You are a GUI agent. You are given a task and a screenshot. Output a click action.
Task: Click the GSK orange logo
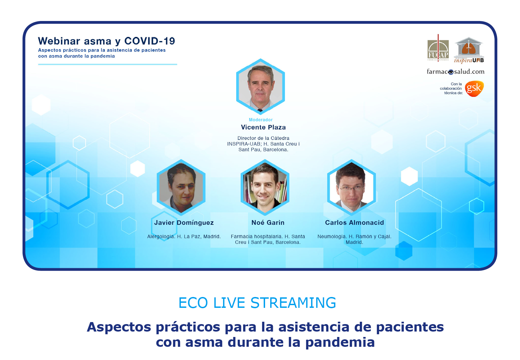[474, 88]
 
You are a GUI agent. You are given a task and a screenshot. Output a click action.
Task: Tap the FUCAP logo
[438, 48]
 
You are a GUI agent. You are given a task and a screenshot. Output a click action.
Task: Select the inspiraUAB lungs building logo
[469, 50]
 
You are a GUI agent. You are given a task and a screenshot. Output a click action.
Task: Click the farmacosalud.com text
[455, 71]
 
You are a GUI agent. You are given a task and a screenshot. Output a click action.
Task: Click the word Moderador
[260, 120]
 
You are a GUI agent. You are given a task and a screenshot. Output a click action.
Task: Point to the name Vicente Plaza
[263, 127]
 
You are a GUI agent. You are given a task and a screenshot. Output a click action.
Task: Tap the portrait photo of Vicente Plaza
[260, 86]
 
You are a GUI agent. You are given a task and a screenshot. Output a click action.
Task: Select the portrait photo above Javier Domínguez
[181, 187]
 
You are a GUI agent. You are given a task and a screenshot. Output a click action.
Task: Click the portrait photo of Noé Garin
[265, 187]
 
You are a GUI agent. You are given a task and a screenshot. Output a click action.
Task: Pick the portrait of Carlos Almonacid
[351, 187]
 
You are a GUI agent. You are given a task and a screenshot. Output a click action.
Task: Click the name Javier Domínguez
[184, 223]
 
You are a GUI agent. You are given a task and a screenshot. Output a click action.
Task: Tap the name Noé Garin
[268, 223]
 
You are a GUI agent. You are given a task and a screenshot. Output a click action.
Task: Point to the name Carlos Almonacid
[354, 223]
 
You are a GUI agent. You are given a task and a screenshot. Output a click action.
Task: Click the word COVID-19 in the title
[150, 41]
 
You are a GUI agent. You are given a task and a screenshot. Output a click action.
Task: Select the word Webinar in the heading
[59, 41]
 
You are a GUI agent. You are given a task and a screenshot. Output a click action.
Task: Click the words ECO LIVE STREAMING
[257, 303]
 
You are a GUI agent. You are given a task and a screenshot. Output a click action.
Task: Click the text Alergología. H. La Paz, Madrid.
[184, 237]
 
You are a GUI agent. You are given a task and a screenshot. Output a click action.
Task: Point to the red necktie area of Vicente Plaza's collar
[260, 110]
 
